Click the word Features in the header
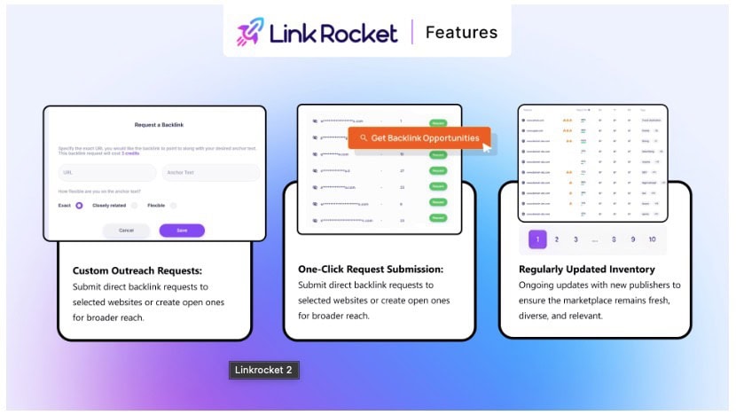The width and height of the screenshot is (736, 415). (x=461, y=33)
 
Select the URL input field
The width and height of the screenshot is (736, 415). (x=106, y=173)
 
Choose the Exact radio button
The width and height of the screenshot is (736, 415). (x=79, y=205)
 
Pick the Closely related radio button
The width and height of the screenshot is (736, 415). (x=134, y=205)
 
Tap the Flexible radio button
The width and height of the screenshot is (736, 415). (x=173, y=205)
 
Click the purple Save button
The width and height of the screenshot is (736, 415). (x=182, y=231)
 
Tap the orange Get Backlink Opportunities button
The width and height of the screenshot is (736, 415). (x=419, y=137)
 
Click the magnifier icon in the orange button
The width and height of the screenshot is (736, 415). (x=364, y=138)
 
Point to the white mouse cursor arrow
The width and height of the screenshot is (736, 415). (x=486, y=147)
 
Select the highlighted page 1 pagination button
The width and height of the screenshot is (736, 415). (x=537, y=239)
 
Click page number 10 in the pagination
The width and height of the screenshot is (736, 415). (x=653, y=239)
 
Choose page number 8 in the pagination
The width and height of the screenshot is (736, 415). (x=614, y=239)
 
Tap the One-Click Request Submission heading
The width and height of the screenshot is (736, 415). (x=371, y=270)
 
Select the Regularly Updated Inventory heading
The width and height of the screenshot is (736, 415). (x=588, y=269)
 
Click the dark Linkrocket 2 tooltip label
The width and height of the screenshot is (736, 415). (x=263, y=370)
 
